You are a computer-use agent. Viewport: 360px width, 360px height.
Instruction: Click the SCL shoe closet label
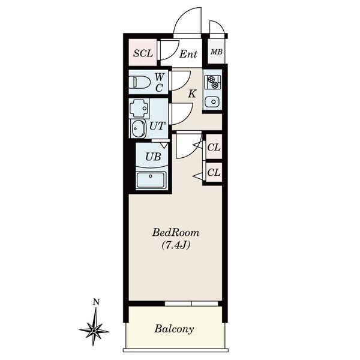(143, 53)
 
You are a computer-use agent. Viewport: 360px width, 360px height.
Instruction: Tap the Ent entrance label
(188, 54)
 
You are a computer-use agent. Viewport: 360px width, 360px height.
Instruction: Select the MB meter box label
(217, 52)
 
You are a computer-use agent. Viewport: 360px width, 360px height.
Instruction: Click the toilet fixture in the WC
(139, 82)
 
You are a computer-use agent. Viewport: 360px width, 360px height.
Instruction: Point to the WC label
(159, 82)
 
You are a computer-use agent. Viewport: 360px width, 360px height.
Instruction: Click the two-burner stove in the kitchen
(213, 82)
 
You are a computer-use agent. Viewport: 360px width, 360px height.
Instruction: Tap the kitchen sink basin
(213, 101)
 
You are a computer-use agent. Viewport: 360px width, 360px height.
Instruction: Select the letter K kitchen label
(192, 94)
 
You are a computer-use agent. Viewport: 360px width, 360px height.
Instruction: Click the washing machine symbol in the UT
(139, 109)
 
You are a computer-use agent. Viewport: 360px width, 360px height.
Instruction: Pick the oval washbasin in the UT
(138, 128)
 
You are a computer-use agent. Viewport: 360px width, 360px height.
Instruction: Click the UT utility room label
(157, 126)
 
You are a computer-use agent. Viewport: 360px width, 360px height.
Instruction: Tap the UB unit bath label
(153, 157)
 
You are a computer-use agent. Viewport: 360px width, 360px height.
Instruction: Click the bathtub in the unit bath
(151, 180)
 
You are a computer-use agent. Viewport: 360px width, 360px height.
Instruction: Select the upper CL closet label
(214, 148)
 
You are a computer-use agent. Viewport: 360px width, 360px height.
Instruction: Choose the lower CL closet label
(214, 172)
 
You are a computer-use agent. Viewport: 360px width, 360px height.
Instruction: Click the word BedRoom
(176, 233)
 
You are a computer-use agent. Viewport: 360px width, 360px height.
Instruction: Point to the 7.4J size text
(176, 245)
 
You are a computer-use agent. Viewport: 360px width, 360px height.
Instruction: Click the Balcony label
(174, 329)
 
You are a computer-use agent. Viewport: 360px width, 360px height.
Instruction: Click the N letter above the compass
(96, 302)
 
